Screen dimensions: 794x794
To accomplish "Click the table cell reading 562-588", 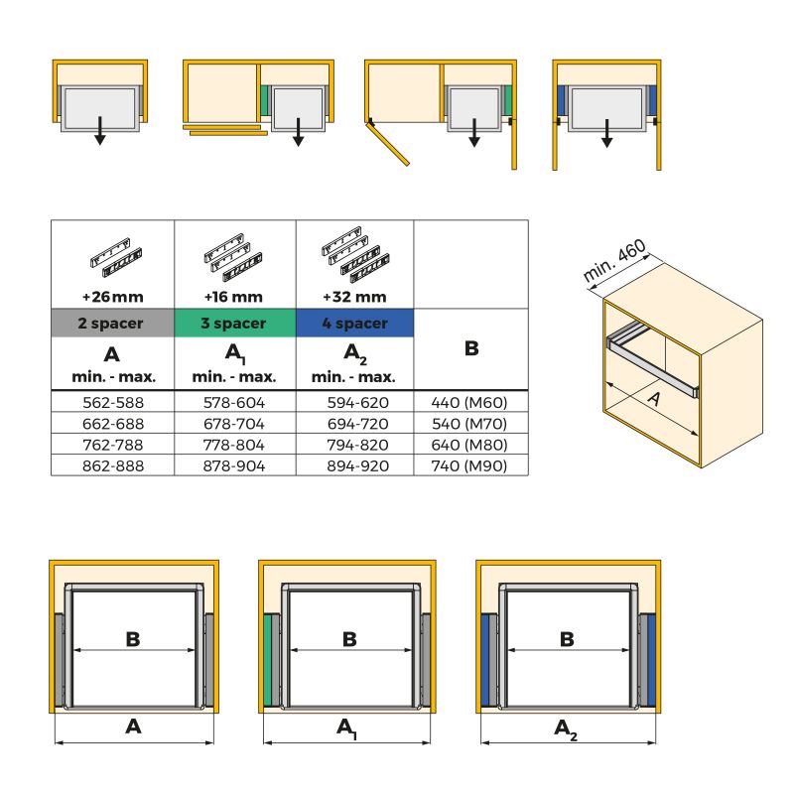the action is (x=113, y=402).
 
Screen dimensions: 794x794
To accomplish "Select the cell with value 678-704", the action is (x=234, y=424).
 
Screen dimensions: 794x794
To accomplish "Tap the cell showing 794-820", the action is (x=357, y=445).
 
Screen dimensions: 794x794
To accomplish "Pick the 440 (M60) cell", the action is (x=469, y=402).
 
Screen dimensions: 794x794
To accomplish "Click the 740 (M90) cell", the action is (x=469, y=465).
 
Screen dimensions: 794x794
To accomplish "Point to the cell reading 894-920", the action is (x=357, y=465).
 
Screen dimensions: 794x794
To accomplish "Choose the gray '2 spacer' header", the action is (x=112, y=324).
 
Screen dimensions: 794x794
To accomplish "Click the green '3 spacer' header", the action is (x=235, y=324).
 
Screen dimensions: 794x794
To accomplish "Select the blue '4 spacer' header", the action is (x=355, y=324).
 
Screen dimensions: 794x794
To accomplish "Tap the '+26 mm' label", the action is (x=113, y=297).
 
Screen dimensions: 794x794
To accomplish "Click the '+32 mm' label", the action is (x=354, y=297).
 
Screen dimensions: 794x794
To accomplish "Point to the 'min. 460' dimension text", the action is (x=614, y=260).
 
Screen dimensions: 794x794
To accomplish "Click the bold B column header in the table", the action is (x=471, y=348).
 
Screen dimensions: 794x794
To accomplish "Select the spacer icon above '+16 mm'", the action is (x=233, y=257).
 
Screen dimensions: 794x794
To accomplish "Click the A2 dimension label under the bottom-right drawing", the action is (x=566, y=729).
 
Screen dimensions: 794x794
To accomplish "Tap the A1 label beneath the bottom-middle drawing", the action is (x=347, y=728).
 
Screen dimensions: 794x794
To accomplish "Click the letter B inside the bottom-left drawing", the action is (x=133, y=639).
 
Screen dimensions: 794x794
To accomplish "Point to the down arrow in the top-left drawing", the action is (x=100, y=131).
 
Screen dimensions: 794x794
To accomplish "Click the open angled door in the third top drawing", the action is (x=387, y=143).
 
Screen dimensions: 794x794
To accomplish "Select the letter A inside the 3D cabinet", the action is (x=654, y=399).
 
